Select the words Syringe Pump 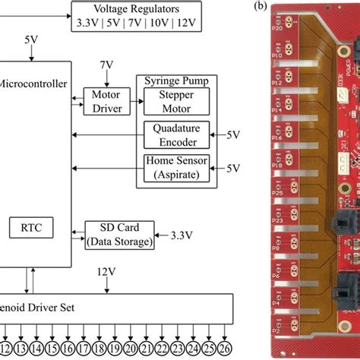coord(175,80)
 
